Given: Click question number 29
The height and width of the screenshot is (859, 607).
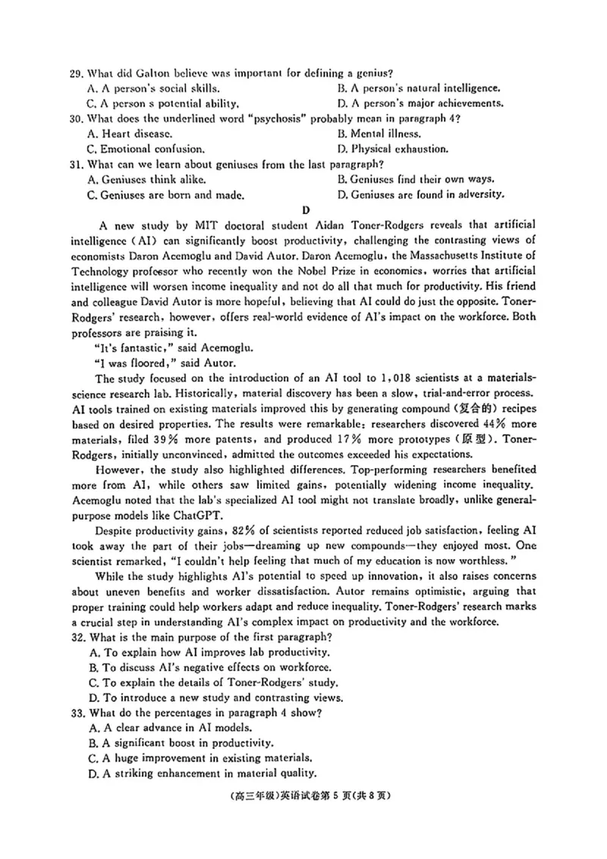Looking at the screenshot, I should coord(75,74).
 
